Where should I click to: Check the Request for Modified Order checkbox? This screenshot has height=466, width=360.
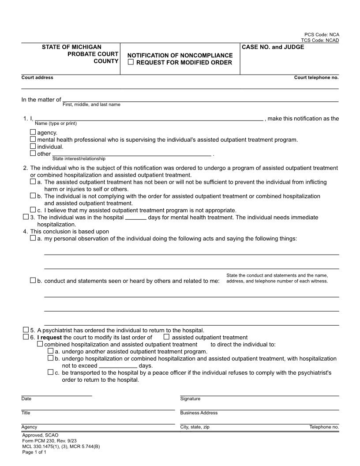tap(131, 62)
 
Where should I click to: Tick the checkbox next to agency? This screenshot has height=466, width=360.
tap(33, 132)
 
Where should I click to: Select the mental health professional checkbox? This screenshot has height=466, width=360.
tap(33, 139)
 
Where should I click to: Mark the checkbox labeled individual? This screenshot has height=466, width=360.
tap(33, 146)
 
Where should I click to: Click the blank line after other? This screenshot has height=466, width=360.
tap(131, 154)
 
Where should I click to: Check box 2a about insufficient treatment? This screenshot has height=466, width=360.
tap(33, 181)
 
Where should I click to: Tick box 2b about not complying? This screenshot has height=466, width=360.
tap(33, 195)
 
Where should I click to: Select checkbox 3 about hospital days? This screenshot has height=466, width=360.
tap(26, 217)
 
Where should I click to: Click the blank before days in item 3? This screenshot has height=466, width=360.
tap(135, 218)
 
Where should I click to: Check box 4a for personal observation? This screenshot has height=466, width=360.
tap(33, 238)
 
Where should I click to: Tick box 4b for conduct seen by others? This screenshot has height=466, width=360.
tap(33, 280)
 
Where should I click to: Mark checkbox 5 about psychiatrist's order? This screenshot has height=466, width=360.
tap(26, 330)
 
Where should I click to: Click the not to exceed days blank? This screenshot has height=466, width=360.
tap(118, 366)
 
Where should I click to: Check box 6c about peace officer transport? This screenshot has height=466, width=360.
tap(50, 372)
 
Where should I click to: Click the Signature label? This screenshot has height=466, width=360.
tap(190, 399)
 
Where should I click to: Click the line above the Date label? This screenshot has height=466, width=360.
tap(56, 395)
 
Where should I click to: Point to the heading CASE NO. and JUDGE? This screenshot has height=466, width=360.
tap(273, 47)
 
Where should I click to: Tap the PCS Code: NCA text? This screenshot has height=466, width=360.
tap(322, 34)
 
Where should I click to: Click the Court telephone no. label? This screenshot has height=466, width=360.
tap(316, 78)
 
